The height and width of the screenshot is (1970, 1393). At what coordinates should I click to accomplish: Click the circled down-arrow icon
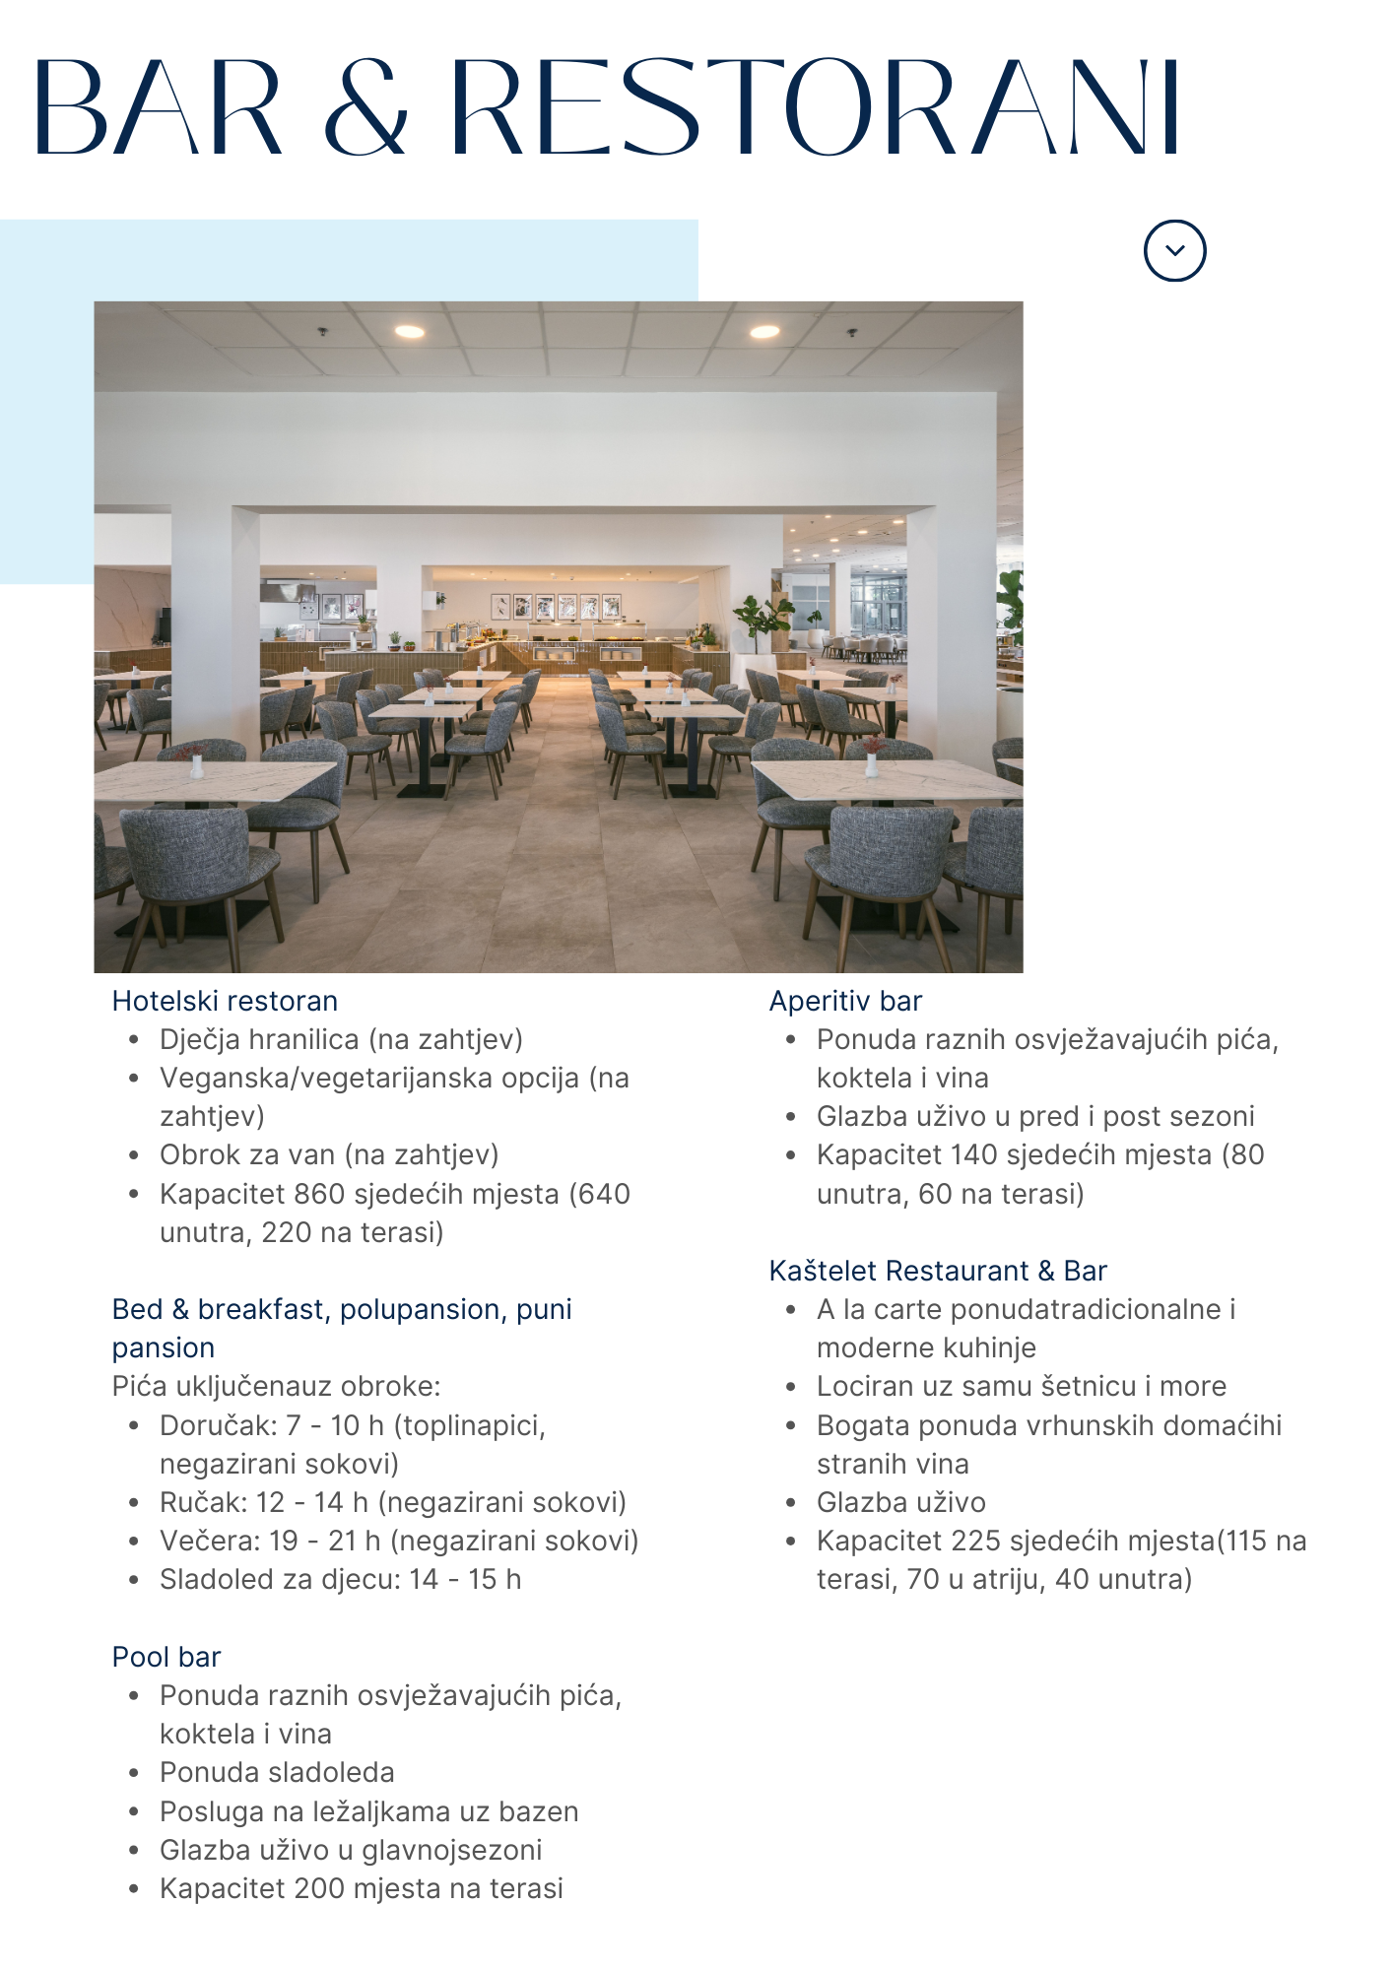point(1174,250)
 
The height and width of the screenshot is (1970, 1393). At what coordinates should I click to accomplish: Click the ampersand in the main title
point(365,108)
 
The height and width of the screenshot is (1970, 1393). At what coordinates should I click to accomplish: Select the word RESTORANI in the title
point(815,108)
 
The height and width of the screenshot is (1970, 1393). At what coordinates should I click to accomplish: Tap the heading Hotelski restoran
point(225,1001)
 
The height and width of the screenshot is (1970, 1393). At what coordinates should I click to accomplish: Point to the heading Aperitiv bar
point(845,1001)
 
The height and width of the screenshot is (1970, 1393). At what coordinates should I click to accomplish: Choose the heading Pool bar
point(166,1657)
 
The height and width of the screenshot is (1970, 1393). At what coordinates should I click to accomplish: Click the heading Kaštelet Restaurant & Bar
point(938,1271)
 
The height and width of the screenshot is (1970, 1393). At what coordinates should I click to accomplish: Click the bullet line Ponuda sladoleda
point(277,1772)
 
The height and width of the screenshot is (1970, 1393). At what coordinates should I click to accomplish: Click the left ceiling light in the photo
point(410,332)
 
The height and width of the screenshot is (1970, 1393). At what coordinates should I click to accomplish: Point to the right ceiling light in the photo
point(764,332)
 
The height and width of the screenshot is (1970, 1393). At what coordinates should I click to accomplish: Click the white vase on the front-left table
point(196,764)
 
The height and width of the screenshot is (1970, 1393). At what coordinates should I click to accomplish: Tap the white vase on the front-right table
point(871,763)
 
